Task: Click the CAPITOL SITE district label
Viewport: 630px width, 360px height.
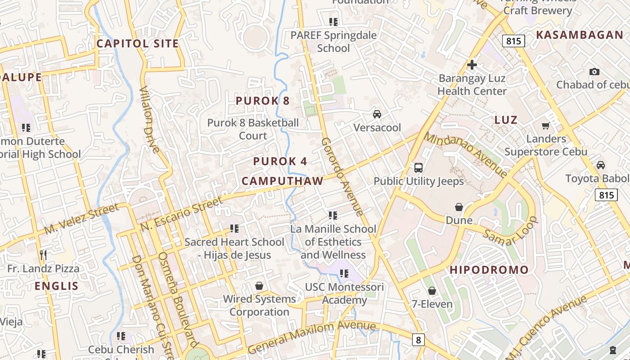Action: click(x=138, y=44)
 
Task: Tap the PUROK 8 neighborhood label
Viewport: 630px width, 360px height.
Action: click(x=263, y=101)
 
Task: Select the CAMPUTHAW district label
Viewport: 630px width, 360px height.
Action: click(x=282, y=181)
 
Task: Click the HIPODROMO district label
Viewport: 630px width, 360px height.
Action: click(x=489, y=270)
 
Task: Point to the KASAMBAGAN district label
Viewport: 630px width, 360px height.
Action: click(x=580, y=35)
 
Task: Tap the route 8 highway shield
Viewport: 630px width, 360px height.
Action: click(x=418, y=340)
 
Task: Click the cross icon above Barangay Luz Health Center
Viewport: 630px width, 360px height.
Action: click(x=472, y=65)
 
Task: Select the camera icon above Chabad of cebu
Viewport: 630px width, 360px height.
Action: click(x=594, y=72)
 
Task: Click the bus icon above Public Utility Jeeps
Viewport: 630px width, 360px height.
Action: click(x=418, y=168)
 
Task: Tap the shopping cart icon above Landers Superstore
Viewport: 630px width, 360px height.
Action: click(x=546, y=126)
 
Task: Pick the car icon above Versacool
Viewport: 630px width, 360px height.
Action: click(x=377, y=114)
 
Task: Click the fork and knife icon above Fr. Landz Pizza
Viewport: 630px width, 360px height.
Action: click(x=43, y=255)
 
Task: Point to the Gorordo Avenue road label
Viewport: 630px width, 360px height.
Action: click(x=342, y=176)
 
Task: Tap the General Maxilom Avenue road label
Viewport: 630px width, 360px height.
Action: click(x=311, y=337)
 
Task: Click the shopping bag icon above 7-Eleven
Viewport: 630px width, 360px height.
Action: click(x=432, y=291)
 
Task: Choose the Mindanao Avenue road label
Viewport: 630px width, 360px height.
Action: click(x=466, y=154)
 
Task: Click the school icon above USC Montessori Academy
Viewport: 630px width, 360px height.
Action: click(x=344, y=273)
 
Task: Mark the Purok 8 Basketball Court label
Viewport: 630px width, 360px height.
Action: click(x=253, y=129)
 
